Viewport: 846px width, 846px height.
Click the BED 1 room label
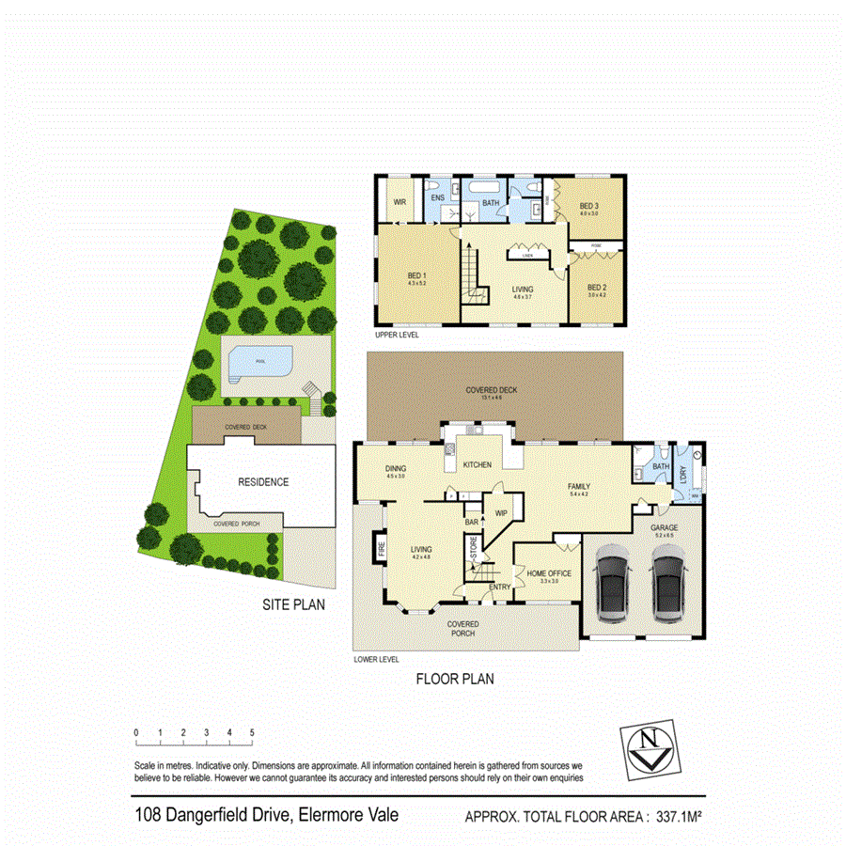pyautogui.click(x=417, y=274)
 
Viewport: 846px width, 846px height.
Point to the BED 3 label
pyautogui.click(x=588, y=206)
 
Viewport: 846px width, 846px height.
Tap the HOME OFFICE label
pyautogui.click(x=549, y=573)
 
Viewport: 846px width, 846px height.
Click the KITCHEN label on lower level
pyautogui.click(x=477, y=464)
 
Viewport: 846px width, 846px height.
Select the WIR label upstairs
pyautogui.click(x=399, y=200)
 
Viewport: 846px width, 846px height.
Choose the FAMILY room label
pyautogui.click(x=578, y=486)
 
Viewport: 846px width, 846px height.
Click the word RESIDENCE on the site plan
pyautogui.click(x=263, y=481)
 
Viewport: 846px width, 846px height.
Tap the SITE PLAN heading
pyautogui.click(x=293, y=605)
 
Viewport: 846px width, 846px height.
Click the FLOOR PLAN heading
pyautogui.click(x=455, y=678)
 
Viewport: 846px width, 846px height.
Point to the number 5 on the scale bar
pyautogui.click(x=252, y=732)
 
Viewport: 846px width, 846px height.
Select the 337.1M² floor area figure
pyautogui.click(x=681, y=816)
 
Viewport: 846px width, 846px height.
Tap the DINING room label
pyautogui.click(x=396, y=468)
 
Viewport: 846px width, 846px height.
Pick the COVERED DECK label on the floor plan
pyautogui.click(x=491, y=390)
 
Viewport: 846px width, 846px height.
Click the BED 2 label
pyautogui.click(x=597, y=287)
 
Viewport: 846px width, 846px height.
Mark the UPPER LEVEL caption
pyautogui.click(x=397, y=335)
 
